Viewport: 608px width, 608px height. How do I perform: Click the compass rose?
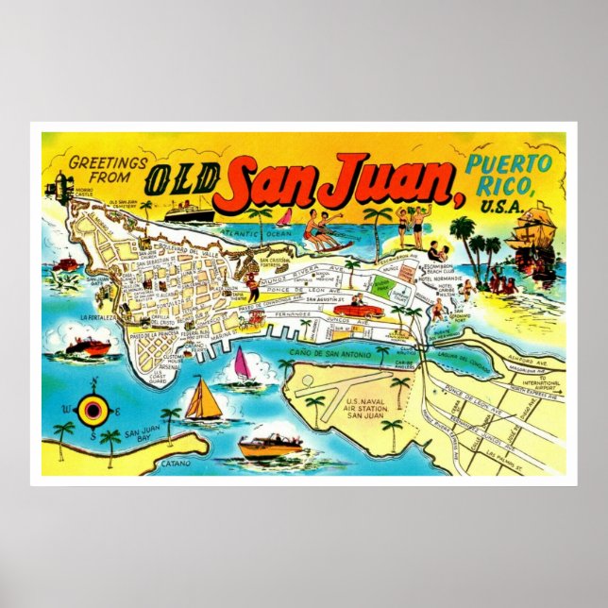tap(93, 408)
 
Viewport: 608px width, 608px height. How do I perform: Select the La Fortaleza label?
tap(96, 318)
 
